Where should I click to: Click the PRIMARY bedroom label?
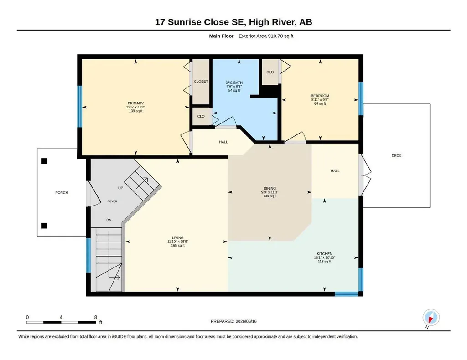135,103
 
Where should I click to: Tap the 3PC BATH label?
234,83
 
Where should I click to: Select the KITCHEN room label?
324,254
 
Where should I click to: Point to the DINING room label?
270,188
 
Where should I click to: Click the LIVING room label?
177,238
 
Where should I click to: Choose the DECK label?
396,155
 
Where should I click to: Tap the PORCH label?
62,192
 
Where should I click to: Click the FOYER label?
112,201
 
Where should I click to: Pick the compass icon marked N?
431,318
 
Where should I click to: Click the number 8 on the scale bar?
96,317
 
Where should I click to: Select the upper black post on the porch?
44,161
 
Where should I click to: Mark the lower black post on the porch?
44,226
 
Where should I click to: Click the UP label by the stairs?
120,188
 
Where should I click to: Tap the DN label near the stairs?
109,220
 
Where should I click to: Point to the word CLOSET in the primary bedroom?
201,82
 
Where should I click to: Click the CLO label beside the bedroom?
270,72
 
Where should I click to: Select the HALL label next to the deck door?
335,171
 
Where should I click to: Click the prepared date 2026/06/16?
246,321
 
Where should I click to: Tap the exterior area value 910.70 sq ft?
281,36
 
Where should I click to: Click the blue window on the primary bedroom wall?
79,107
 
